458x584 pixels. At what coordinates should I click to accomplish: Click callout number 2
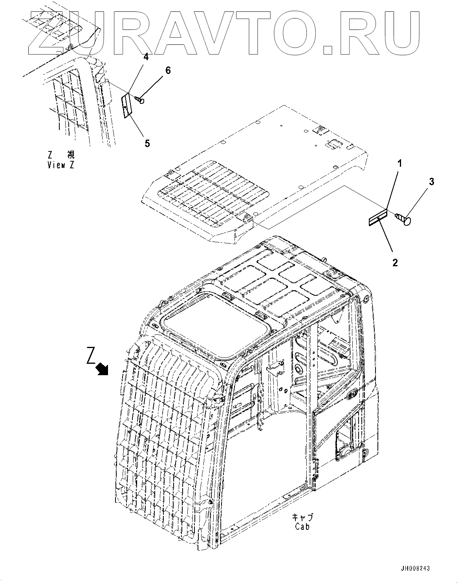coord(395,262)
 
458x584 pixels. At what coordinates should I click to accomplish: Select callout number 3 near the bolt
coord(432,181)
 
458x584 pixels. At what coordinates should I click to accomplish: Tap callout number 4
coord(146,57)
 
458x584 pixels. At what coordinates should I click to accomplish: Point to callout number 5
coord(147,143)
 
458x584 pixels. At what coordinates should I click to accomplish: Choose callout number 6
coord(168,70)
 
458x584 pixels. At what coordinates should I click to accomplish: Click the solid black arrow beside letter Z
coord(103,368)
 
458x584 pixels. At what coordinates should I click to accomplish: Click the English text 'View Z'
coord(60,165)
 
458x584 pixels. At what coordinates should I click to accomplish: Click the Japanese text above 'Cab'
coord(303,517)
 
